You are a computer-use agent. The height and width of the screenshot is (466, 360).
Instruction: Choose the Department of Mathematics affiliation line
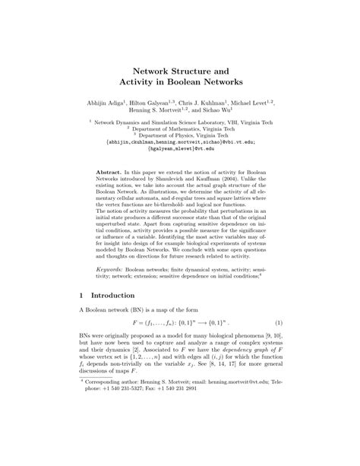click(x=180, y=128)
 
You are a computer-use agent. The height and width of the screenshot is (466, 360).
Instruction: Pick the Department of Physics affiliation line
click(x=180, y=135)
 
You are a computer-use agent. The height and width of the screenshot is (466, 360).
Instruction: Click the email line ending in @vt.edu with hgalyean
click(x=180, y=148)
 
